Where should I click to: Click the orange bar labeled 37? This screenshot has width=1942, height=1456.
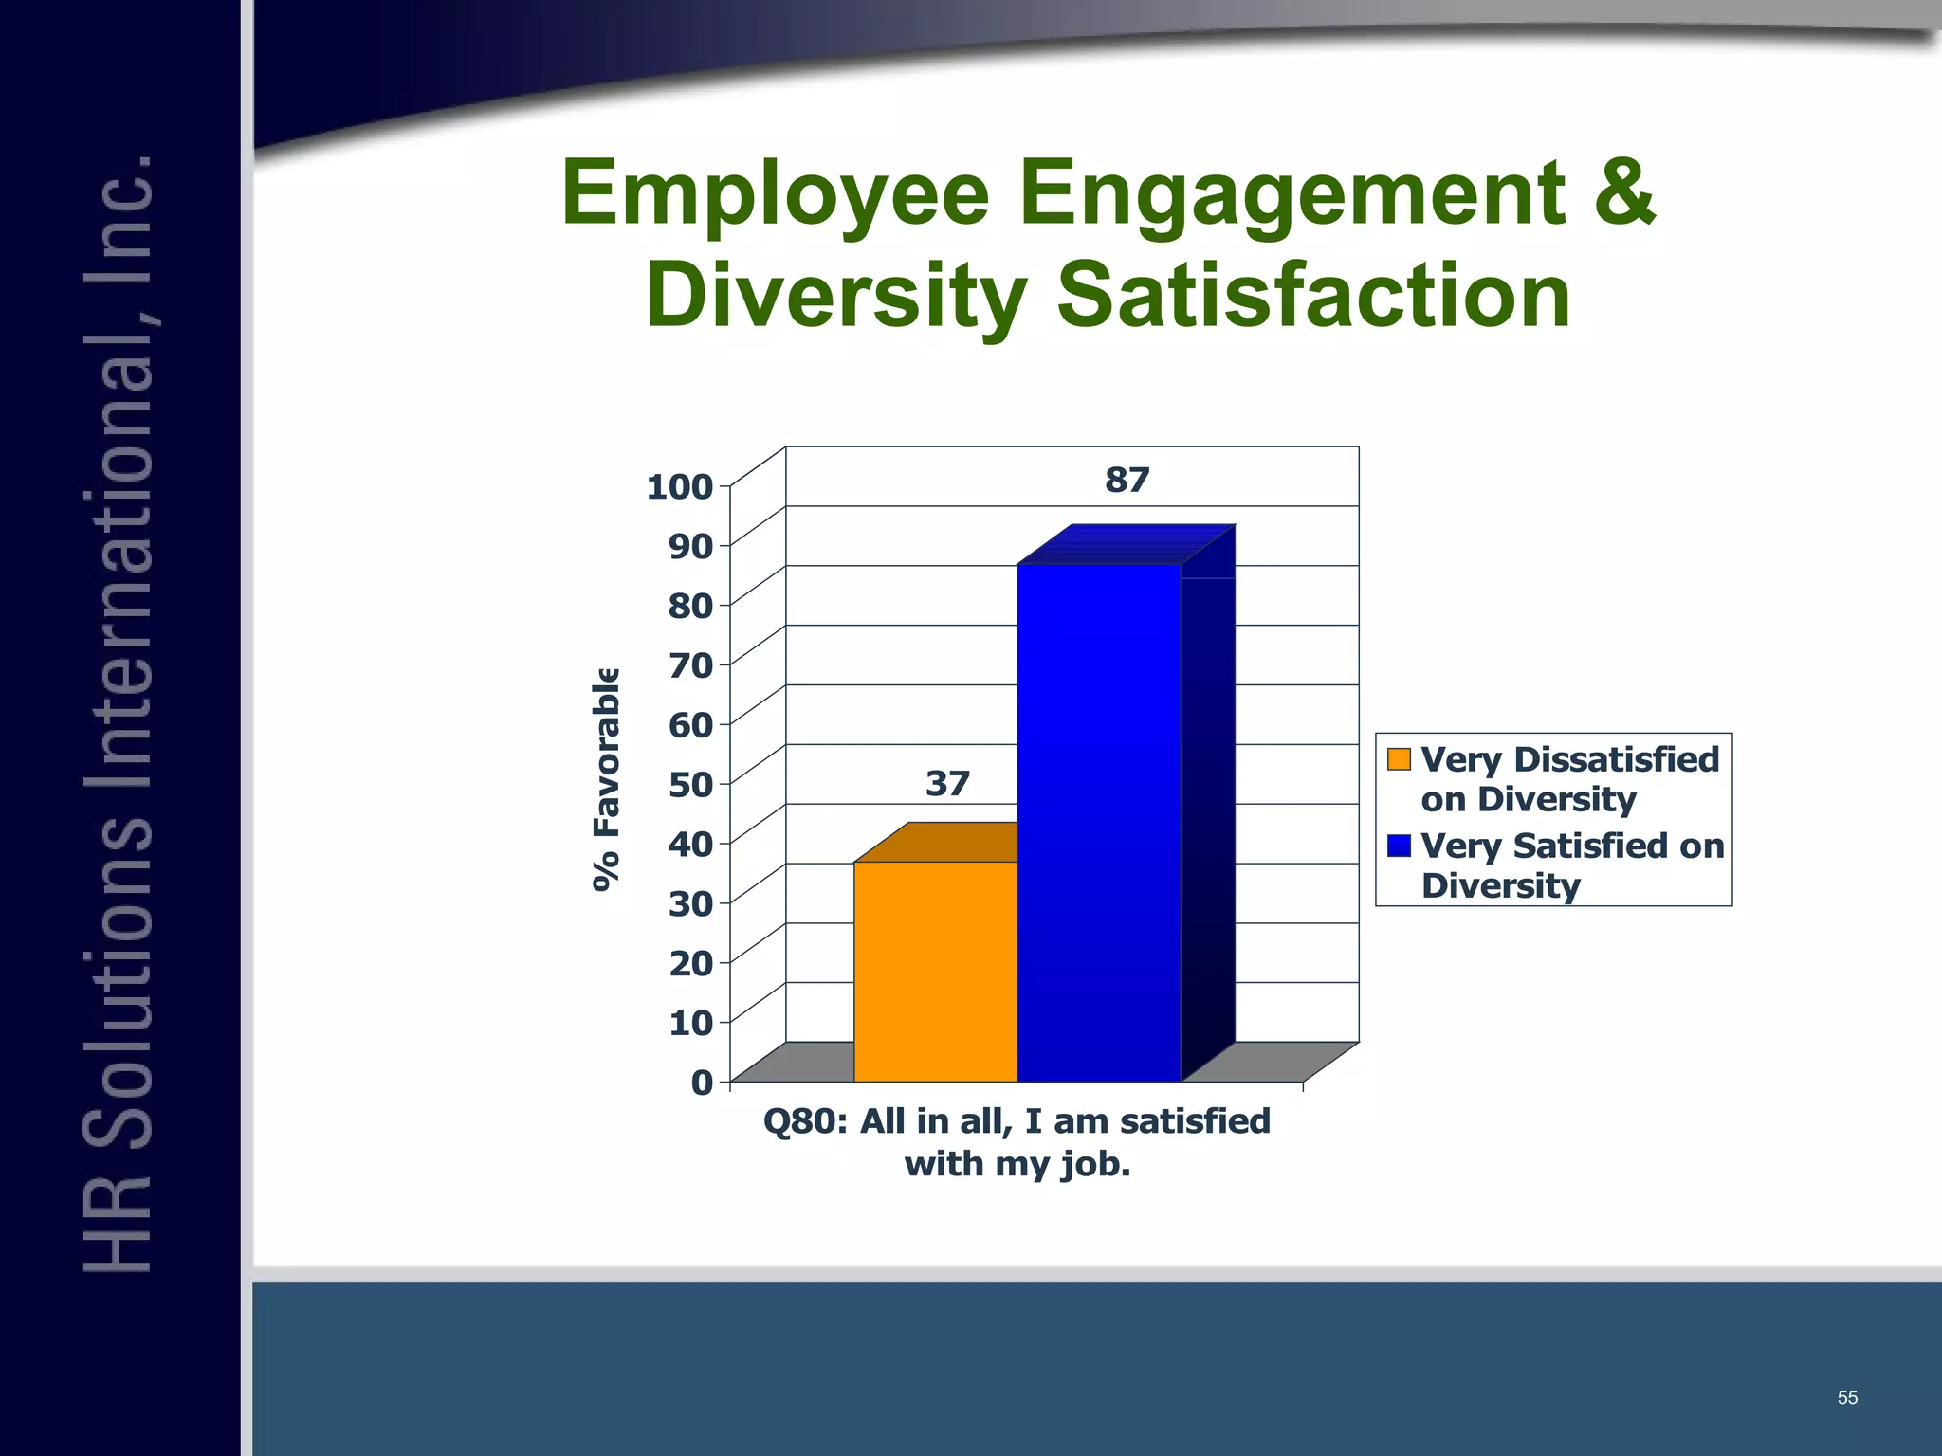pyautogui.click(x=935, y=971)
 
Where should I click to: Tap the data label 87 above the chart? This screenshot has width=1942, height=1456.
pyautogui.click(x=1127, y=481)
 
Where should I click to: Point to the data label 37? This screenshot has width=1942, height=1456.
pyautogui.click(x=947, y=784)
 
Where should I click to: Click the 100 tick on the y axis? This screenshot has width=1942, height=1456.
pyautogui.click(x=679, y=487)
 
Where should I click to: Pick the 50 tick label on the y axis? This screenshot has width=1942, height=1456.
pyautogui.click(x=690, y=785)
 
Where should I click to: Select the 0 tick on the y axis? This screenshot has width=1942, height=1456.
pyautogui.click(x=702, y=1083)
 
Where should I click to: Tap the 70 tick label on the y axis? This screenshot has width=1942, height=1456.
pyautogui.click(x=690, y=665)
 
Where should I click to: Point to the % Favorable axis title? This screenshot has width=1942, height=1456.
pyautogui.click(x=606, y=779)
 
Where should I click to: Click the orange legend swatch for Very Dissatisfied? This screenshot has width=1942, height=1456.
pyautogui.click(x=1399, y=759)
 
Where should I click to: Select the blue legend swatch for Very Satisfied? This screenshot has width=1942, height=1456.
pyautogui.click(x=1399, y=846)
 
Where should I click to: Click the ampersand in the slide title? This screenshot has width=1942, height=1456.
pyautogui.click(x=1623, y=193)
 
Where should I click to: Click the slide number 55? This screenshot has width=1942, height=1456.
pyautogui.click(x=1847, y=1398)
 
